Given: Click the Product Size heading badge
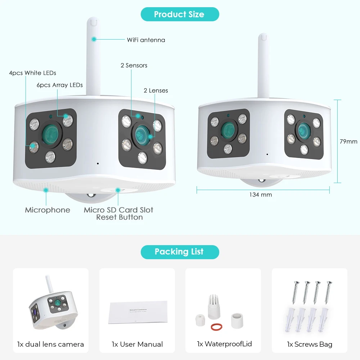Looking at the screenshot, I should click(179, 14).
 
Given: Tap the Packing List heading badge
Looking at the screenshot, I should click(179, 252).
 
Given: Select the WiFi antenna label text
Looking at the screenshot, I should click(146, 40).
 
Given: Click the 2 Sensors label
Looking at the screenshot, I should click(134, 66).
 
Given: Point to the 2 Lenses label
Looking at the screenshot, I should click(156, 91).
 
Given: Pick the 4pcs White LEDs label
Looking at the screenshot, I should click(32, 73).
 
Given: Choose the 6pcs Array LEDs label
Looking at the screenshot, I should click(59, 85).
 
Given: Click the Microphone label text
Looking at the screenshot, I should click(48, 210).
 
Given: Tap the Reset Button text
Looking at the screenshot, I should click(119, 217).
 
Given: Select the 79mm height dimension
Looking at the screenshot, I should click(348, 141).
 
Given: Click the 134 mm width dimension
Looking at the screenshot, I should click(261, 195).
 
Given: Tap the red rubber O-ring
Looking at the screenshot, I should click(216, 327).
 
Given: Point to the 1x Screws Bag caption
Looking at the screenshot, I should click(309, 344).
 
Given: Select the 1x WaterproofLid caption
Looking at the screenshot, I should click(224, 344).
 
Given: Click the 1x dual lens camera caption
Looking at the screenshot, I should click(50, 344).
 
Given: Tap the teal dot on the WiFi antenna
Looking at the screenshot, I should click(94, 39).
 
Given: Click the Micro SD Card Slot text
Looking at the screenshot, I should click(118, 210).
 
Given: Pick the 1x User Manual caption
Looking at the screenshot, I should click(137, 344).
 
